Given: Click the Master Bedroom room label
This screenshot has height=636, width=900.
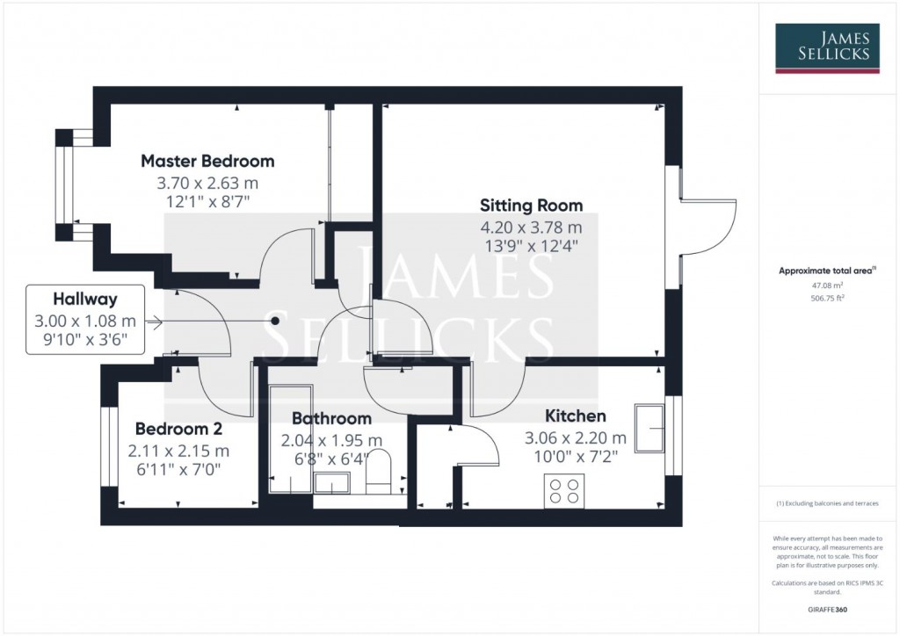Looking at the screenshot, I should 207,161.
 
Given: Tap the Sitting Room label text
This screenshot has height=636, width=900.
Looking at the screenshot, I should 531,206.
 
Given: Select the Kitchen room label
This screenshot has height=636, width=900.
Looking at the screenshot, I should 576,416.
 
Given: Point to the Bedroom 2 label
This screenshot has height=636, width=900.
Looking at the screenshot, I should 178,429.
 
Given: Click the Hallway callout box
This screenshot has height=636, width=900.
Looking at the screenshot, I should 85,320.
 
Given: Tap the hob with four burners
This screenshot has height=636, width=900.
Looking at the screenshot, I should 563,490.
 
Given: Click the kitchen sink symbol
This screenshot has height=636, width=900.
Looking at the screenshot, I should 649,429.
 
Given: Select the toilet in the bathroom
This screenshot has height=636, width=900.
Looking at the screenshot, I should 379,469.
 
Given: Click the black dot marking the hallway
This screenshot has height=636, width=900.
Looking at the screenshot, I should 275,322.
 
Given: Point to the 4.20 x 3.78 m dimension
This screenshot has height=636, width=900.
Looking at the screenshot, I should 531,227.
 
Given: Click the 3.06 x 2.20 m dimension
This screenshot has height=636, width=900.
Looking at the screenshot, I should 576,437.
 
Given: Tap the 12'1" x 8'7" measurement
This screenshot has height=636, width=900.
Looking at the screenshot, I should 207,202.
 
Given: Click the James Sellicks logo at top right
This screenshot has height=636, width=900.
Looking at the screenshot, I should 826,48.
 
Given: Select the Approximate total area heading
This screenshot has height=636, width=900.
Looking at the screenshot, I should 826,271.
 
